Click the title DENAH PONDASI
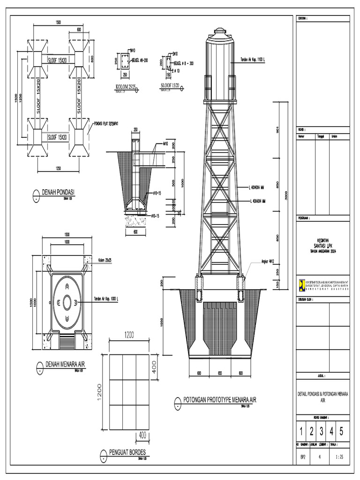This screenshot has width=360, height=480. (x=59, y=192)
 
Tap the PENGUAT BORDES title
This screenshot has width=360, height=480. (x=127, y=452)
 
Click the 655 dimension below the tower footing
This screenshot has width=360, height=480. (x=220, y=373)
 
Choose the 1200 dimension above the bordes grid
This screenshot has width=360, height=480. (x=129, y=335)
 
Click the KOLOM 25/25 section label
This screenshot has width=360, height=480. (x=125, y=87)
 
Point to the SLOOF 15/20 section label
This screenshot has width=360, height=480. (x=170, y=86)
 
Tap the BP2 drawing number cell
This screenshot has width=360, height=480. (x=302, y=455)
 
